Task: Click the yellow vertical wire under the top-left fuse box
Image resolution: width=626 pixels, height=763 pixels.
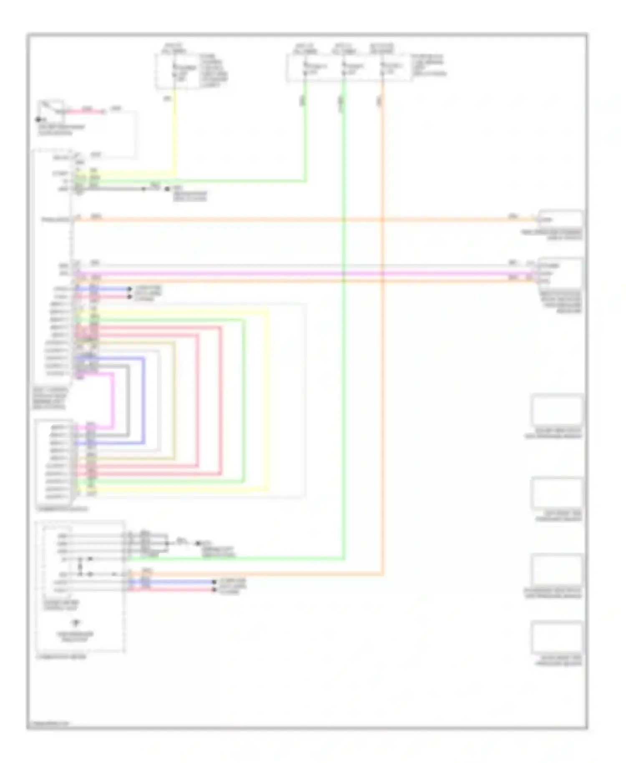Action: [175, 129]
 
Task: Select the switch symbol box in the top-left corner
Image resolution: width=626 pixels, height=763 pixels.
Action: [51, 109]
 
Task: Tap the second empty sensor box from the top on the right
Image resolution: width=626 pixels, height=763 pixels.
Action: [557, 493]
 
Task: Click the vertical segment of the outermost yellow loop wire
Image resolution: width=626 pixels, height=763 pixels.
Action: [268, 401]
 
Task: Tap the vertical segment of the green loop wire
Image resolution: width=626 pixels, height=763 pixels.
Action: [244, 401]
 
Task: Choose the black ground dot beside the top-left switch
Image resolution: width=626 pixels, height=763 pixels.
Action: [38, 120]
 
